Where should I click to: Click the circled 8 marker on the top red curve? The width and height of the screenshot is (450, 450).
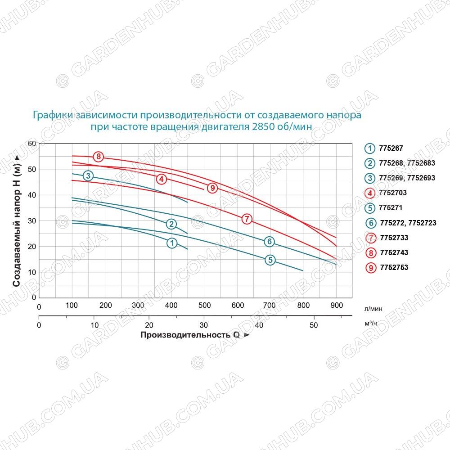pos(99,157)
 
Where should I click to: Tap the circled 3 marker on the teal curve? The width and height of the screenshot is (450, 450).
pos(88,175)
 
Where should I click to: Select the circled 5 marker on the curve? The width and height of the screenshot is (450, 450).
pos(270,260)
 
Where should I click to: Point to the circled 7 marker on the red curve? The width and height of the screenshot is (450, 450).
pos(247,219)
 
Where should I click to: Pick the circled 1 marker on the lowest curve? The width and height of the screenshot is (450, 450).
pos(172,243)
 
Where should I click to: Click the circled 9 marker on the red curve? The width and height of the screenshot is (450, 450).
pos(212,188)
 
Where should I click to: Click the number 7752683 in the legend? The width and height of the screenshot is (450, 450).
pos(421,163)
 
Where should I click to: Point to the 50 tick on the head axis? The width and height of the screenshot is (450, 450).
pos(32,169)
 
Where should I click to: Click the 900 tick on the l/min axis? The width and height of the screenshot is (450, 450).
pos(337,306)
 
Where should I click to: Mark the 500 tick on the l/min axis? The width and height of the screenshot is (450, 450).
pos(204,306)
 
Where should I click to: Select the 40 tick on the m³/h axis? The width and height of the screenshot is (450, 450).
pos(259,325)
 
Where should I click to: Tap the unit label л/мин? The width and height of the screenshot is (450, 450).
pos(373,309)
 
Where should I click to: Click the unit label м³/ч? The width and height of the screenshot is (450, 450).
pos(371,324)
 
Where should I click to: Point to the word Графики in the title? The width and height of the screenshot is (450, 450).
pos(53,115)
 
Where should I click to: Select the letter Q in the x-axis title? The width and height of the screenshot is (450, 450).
pos(236,335)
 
